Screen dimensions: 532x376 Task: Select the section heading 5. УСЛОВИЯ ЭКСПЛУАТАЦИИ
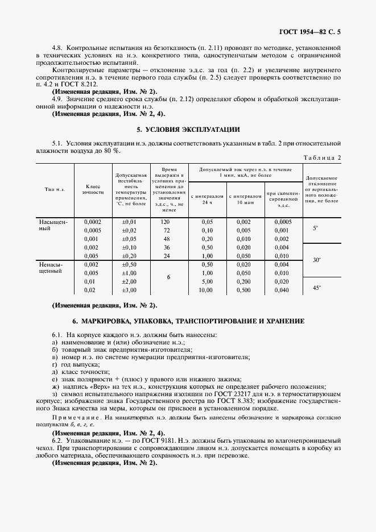tap(188, 129)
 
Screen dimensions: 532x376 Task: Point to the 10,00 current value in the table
tap(206, 290)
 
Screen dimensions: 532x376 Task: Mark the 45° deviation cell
tap(317, 288)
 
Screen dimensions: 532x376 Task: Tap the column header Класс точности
tap(93, 189)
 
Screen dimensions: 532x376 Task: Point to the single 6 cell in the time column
tap(169, 277)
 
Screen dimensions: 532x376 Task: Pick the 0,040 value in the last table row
tap(281, 290)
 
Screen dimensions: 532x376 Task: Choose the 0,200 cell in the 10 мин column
tap(243, 282)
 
